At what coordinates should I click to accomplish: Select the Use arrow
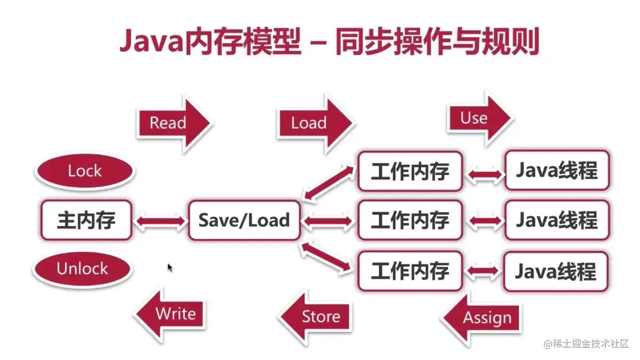coord(478,118)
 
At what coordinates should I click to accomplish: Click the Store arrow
coord(318,316)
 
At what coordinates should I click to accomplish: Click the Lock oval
coord(85,171)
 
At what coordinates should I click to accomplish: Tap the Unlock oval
coord(82,268)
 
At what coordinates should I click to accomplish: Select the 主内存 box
coord(86,220)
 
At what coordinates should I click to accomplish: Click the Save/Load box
coord(244,220)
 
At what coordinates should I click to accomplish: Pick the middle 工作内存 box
coord(410,220)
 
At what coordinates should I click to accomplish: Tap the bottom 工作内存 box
coord(410,271)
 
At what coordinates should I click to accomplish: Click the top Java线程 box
coord(556,171)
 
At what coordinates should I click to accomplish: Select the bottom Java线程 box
coord(556,271)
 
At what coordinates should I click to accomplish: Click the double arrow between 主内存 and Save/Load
coord(159,221)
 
